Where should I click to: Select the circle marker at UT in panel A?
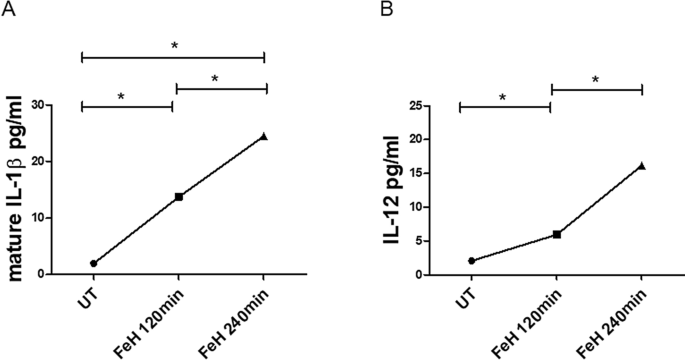[x=94, y=263]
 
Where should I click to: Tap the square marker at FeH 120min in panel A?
[x=179, y=197]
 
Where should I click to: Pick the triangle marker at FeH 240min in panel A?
[x=264, y=136]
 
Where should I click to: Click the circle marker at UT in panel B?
[x=471, y=261]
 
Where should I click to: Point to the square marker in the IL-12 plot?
[x=557, y=234]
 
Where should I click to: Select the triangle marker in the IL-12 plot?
[x=642, y=166]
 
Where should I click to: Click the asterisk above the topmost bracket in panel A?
[x=174, y=46]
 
